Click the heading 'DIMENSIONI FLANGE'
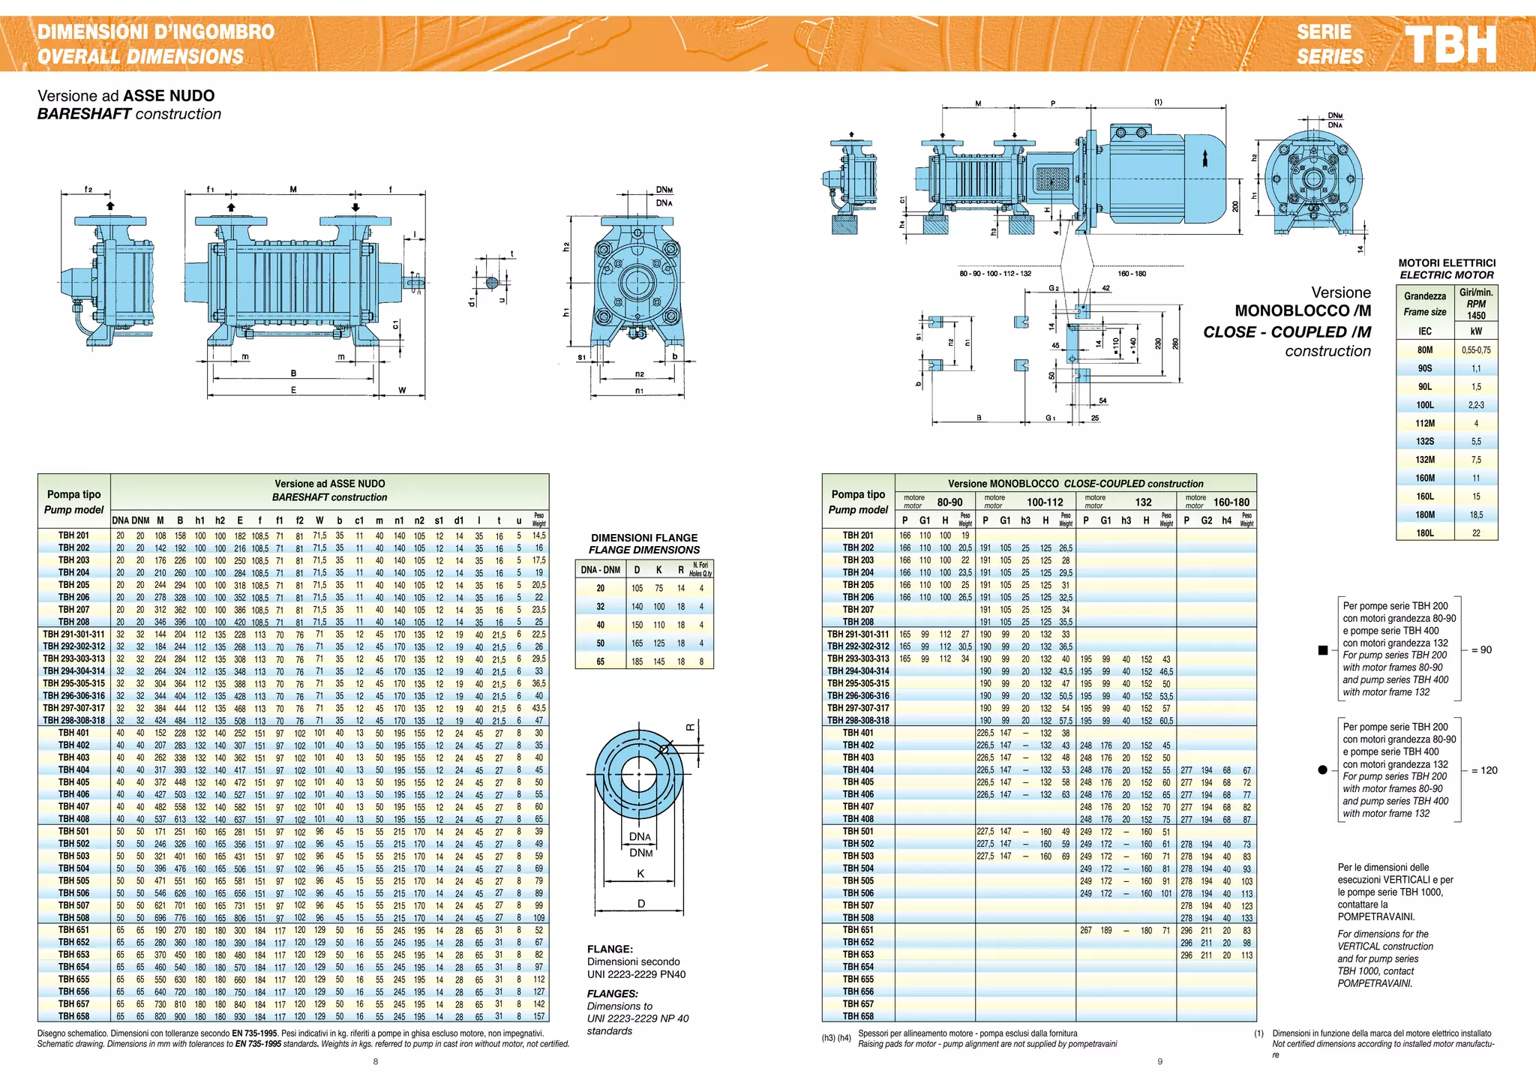pyautogui.click(x=644, y=538)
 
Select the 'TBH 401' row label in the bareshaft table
pyautogui.click(x=73, y=733)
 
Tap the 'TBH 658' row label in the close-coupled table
pyautogui.click(x=858, y=1016)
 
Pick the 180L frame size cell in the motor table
pyautogui.click(x=1424, y=533)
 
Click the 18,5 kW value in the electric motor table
pyautogui.click(x=1475, y=515)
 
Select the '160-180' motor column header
pyautogui.click(x=1231, y=502)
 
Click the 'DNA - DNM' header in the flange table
pyautogui.click(x=601, y=570)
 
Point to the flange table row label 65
pyautogui.click(x=601, y=661)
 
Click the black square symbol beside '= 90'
pyautogui.click(x=1323, y=650)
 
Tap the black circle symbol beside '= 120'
pyautogui.click(x=1322, y=770)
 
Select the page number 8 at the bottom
pyautogui.click(x=376, y=1061)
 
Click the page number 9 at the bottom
pyautogui.click(x=1159, y=1061)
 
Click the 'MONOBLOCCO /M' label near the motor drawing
pyautogui.click(x=1303, y=310)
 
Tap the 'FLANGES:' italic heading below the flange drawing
pyautogui.click(x=612, y=994)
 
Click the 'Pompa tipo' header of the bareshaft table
pyautogui.click(x=73, y=494)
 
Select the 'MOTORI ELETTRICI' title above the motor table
pyautogui.click(x=1447, y=263)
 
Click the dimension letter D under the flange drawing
pyautogui.click(x=641, y=904)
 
